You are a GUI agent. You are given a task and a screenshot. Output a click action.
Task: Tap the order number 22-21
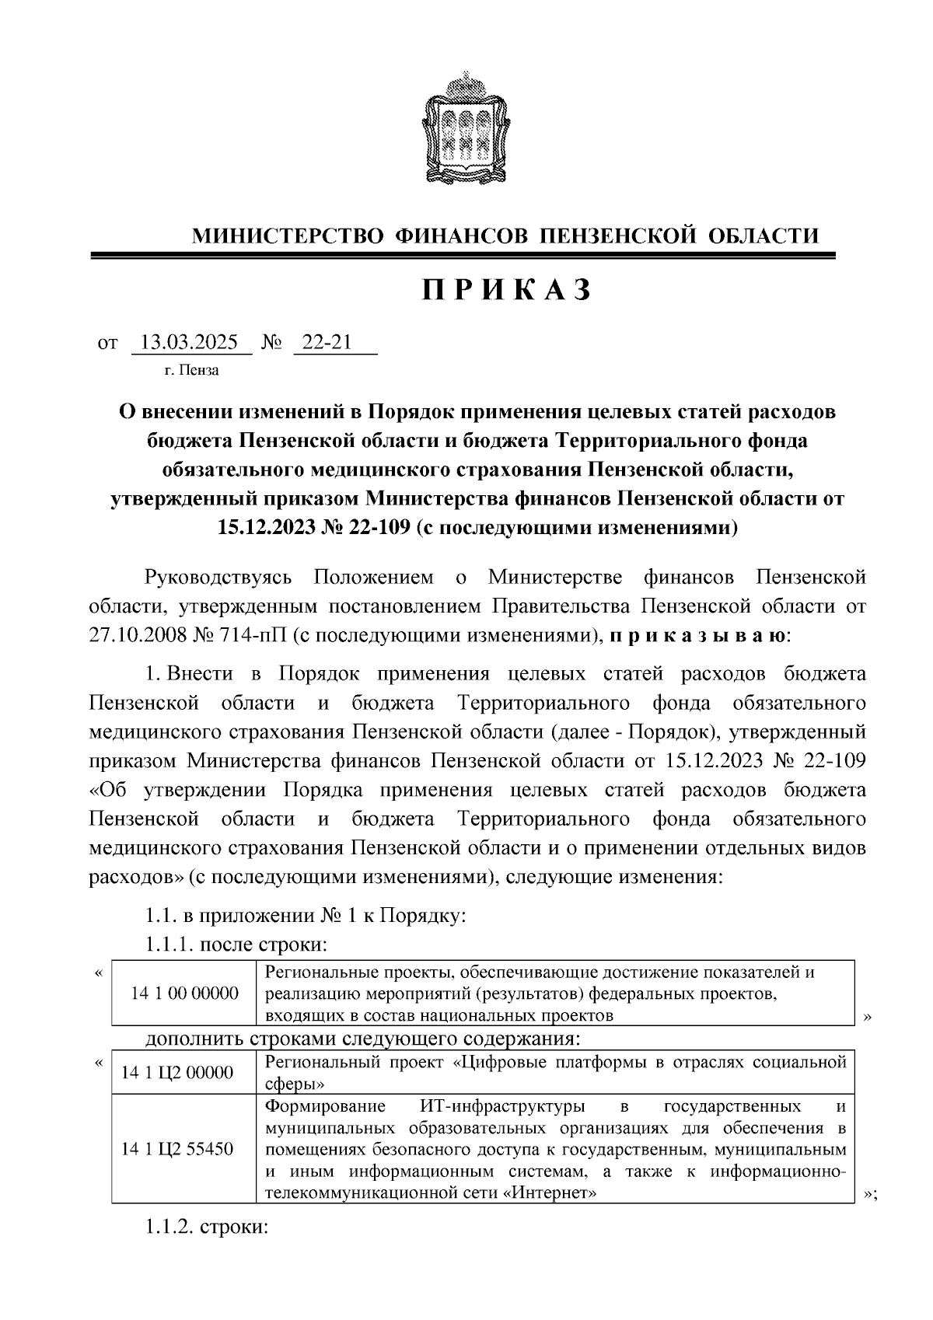(327, 342)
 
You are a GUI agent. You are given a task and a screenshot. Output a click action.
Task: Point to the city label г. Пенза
(191, 370)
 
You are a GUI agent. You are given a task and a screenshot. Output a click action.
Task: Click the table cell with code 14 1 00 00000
(183, 993)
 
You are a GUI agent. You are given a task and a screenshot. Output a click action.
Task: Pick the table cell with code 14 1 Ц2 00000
(176, 1073)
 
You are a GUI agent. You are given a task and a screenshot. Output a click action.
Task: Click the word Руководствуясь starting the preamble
(218, 578)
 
